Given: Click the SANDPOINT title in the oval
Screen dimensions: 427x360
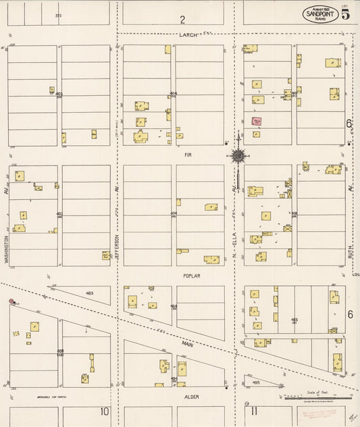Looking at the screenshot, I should [x=320, y=13].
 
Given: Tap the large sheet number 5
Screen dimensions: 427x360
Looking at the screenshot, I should [x=345, y=16].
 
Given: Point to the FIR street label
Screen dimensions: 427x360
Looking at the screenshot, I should [x=189, y=155].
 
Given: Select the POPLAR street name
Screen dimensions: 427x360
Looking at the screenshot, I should [x=191, y=276].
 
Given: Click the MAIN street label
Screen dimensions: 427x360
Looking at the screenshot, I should [x=187, y=344].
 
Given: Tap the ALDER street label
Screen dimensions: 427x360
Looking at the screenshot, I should [x=191, y=397].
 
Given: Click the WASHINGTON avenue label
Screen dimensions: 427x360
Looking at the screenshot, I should [x=6, y=249].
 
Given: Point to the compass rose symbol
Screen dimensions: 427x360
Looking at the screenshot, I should [x=238, y=156].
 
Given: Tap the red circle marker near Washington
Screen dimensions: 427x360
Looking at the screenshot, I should [x=11, y=301].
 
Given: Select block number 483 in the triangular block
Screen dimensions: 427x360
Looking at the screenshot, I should [x=89, y=293].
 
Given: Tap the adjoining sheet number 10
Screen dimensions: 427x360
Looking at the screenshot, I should [x=104, y=411].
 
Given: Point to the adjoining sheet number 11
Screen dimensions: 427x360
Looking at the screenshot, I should [x=253, y=411].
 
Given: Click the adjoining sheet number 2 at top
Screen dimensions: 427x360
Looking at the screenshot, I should [x=182, y=19].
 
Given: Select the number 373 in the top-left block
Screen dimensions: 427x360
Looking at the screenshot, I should [x=59, y=14].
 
